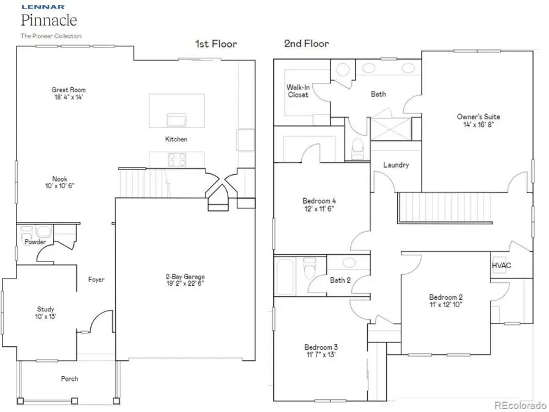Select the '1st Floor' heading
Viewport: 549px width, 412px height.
(x=216, y=44)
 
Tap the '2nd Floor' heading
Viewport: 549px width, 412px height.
(x=306, y=44)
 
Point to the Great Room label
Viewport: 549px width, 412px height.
(x=67, y=90)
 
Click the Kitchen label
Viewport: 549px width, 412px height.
(x=176, y=140)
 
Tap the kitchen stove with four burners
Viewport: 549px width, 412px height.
(x=177, y=158)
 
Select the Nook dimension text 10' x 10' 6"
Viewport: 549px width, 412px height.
(x=59, y=186)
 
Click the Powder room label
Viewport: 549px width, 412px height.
(x=35, y=242)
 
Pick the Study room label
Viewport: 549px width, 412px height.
(x=46, y=310)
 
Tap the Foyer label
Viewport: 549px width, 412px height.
(x=96, y=280)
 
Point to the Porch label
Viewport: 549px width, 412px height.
(x=70, y=378)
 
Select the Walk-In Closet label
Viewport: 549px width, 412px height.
(x=298, y=91)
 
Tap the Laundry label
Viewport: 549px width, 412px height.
(x=396, y=165)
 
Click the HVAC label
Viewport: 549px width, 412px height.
(x=501, y=266)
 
